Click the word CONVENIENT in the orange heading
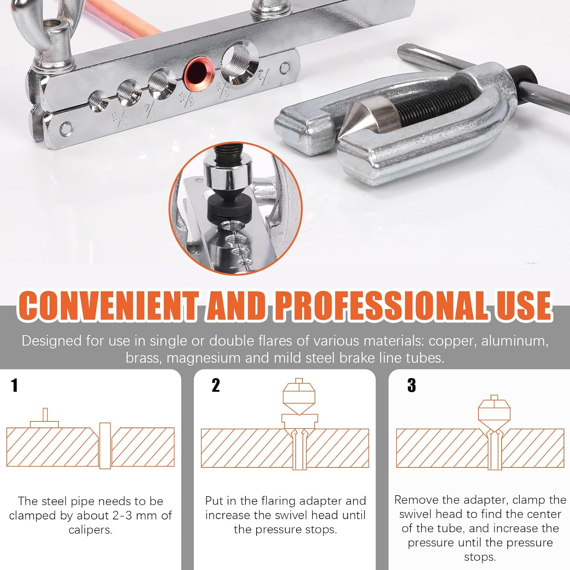click(108, 306)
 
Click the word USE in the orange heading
click(524, 306)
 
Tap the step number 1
click(14, 385)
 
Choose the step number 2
click(216, 385)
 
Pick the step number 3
click(412, 385)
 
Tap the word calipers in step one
click(90, 530)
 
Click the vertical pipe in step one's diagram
click(105, 445)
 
